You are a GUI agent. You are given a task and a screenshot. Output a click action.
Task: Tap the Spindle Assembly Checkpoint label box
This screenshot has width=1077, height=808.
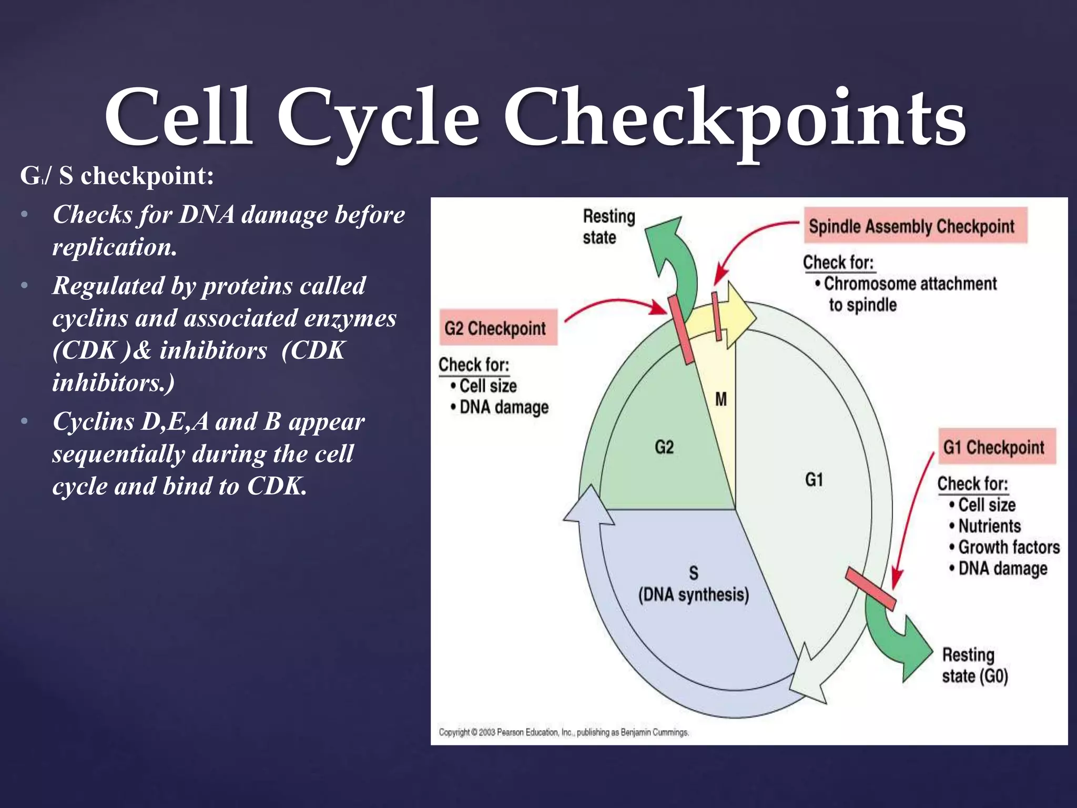coord(915,226)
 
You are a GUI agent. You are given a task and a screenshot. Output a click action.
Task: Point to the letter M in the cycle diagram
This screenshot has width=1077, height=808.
coord(721,399)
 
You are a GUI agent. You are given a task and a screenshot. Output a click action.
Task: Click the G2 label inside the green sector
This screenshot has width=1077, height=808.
coord(664,447)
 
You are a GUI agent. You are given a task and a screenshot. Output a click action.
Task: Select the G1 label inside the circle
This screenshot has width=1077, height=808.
coord(814,480)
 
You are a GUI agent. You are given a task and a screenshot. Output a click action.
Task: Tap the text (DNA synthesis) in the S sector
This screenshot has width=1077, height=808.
coord(693,595)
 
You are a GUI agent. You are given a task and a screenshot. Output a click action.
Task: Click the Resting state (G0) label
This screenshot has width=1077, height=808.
coord(974,665)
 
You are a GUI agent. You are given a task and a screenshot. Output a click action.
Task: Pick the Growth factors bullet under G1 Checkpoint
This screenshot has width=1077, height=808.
coord(1008,547)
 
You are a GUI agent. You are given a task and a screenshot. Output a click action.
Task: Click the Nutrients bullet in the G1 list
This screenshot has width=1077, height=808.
coord(989,526)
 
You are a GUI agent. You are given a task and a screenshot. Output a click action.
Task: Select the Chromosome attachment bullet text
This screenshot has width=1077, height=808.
coord(909,284)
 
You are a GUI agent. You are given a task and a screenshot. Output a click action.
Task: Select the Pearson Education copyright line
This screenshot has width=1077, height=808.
coord(563,732)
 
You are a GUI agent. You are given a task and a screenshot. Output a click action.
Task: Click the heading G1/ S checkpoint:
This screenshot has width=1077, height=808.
coord(117,176)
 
